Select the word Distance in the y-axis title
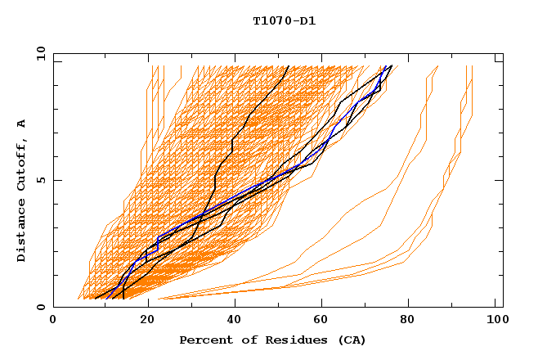[x=22, y=233]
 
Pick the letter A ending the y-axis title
[x=22, y=124]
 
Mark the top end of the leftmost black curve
[x=288, y=66]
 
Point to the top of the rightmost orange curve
[x=473, y=66]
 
